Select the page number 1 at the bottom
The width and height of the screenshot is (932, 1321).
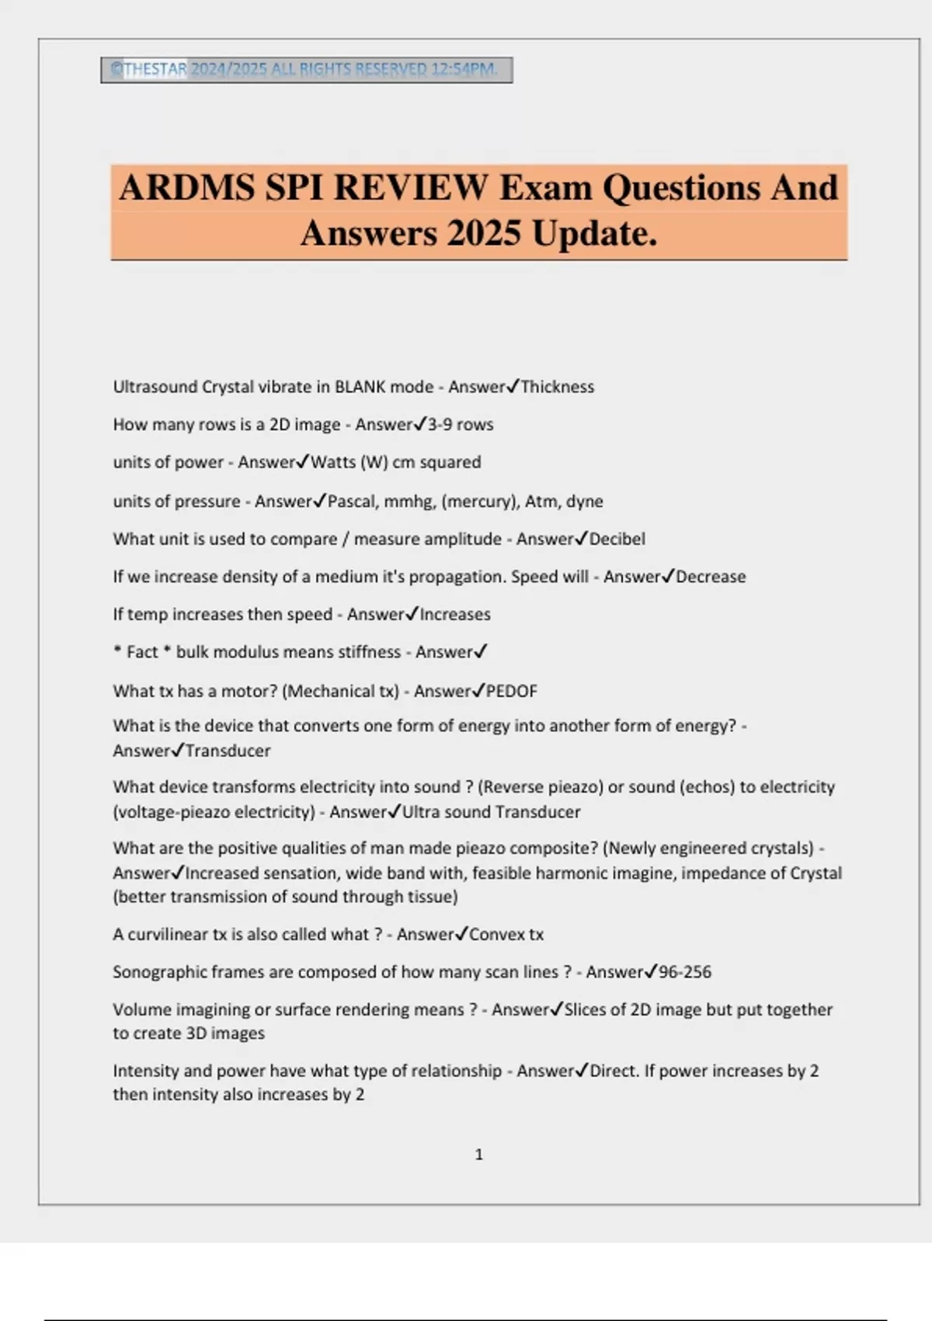[x=478, y=1155]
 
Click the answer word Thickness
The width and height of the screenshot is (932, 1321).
[x=557, y=387]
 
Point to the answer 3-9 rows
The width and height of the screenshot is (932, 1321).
[x=460, y=425]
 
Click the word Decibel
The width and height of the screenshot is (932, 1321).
[x=617, y=539]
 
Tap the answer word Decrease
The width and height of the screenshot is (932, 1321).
[x=710, y=577]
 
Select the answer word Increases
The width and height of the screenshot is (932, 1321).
[x=455, y=615]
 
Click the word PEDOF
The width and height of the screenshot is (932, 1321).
[x=511, y=691]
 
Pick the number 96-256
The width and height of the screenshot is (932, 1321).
[x=684, y=972]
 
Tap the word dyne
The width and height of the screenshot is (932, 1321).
[x=584, y=501]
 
